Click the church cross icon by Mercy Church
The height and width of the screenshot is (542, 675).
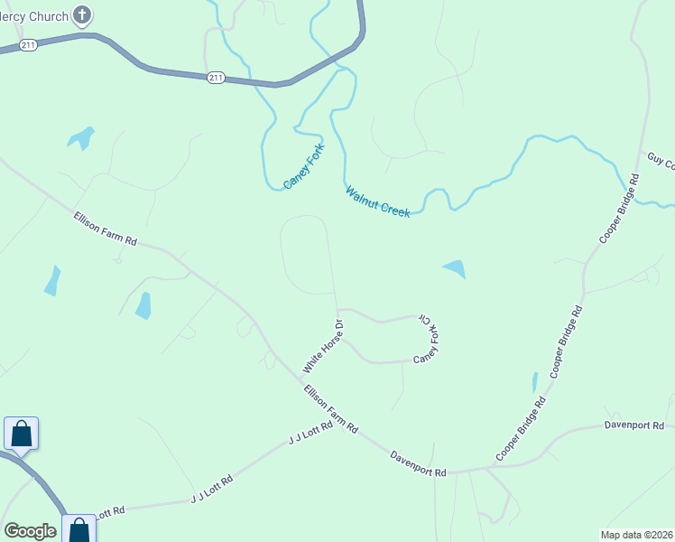point(82,14)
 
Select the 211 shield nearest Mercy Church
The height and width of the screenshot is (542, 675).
point(29,45)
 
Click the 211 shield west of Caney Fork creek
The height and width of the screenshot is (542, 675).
point(215,78)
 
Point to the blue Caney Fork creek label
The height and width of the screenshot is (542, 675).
point(303,165)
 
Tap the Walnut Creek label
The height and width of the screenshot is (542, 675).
point(377,201)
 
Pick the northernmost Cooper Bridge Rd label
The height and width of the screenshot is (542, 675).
point(620,209)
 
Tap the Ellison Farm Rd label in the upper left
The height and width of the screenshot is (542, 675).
point(106,229)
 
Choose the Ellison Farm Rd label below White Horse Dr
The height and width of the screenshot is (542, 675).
point(331,408)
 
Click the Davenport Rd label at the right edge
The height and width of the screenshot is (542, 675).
point(634,425)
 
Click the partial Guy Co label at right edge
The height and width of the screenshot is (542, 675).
point(661,161)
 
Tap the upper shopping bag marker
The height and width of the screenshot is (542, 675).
point(21,434)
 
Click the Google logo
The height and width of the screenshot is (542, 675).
point(30,531)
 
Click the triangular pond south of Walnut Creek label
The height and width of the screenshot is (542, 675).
point(455,268)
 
